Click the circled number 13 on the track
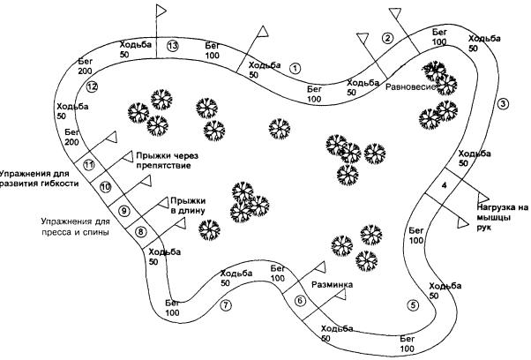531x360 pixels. pyautogui.click(x=172, y=46)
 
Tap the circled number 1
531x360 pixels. pyautogui.click(x=295, y=66)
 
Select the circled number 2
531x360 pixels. pyautogui.click(x=386, y=37)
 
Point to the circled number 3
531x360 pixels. pyautogui.click(x=502, y=103)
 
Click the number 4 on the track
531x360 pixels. pyautogui.click(x=444, y=184)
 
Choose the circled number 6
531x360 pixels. pyautogui.click(x=300, y=301)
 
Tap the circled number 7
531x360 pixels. pyautogui.click(x=226, y=305)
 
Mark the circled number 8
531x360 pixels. pyautogui.click(x=140, y=232)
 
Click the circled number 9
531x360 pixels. pyautogui.click(x=123, y=211)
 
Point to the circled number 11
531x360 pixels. pyautogui.click(x=88, y=164)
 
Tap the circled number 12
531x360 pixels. pyautogui.click(x=91, y=86)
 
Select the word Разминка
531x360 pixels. pyautogui.click(x=333, y=286)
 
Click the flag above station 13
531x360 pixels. pyautogui.click(x=162, y=11)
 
